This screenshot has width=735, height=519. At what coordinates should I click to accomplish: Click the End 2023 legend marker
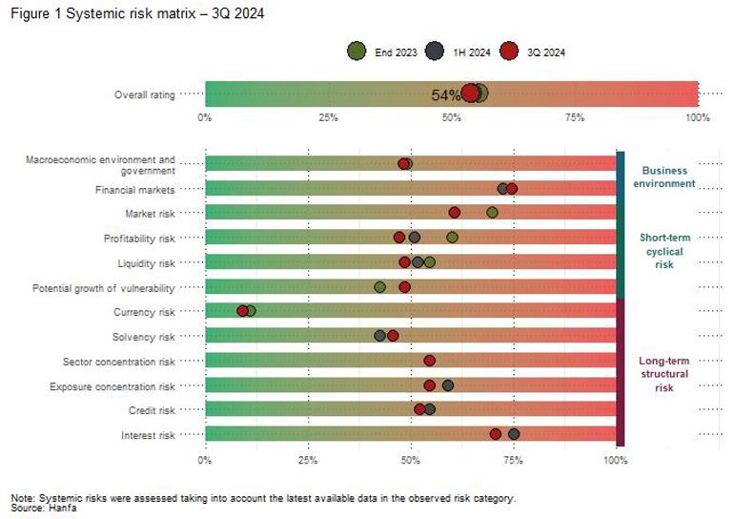pyautogui.click(x=357, y=52)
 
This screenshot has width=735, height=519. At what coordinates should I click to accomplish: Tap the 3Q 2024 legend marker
pyautogui.click(x=508, y=52)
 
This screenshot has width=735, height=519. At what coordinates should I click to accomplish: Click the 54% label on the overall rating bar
pyautogui.click(x=445, y=94)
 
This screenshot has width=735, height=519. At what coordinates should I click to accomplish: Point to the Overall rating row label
pyautogui.click(x=145, y=94)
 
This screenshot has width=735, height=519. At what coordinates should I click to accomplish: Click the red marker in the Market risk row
pyautogui.click(x=455, y=213)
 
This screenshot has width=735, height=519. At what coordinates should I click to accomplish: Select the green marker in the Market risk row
pyautogui.click(x=492, y=213)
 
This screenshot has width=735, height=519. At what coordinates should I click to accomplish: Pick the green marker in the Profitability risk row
pyautogui.click(x=452, y=237)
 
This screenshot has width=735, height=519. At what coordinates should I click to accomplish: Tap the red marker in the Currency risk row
pyautogui.click(x=243, y=311)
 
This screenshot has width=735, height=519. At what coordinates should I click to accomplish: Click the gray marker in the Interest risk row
pyautogui.click(x=514, y=434)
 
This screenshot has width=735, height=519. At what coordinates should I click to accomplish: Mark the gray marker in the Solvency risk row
pyautogui.click(x=380, y=336)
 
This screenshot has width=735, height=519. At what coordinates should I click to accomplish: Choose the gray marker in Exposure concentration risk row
pyautogui.click(x=448, y=385)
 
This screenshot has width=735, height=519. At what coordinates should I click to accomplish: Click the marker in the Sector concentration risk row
pyautogui.click(x=430, y=361)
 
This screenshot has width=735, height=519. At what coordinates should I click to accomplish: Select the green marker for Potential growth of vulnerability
pyautogui.click(x=380, y=286)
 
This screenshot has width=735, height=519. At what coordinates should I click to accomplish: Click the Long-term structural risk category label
pyautogui.click(x=664, y=374)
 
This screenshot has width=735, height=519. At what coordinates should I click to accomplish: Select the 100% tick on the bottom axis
pyautogui.click(x=616, y=460)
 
